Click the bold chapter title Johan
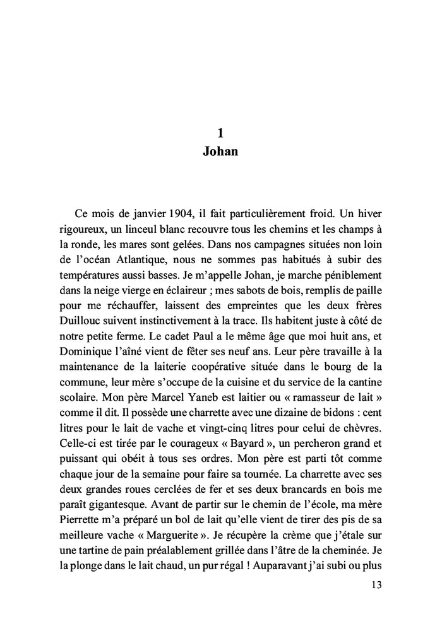pos(220,151)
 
